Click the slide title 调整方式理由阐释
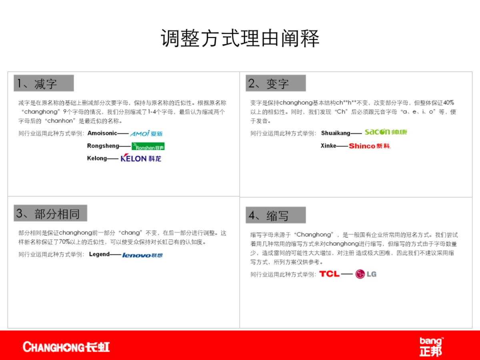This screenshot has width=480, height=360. [240, 39]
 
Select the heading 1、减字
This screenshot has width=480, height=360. [44, 83]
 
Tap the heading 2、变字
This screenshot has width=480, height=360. [276, 83]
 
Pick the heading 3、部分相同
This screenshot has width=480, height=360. [50, 214]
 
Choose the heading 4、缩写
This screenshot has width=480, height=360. [276, 215]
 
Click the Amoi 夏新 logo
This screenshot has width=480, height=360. [146, 133]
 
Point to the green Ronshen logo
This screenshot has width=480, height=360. [148, 146]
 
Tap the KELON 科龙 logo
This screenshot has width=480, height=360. [141, 158]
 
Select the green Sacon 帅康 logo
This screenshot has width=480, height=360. [385, 132]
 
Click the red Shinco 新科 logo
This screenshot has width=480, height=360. [369, 146]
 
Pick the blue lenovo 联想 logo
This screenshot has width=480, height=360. [142, 255]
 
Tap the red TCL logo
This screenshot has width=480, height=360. [329, 274]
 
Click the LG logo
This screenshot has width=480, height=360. [366, 274]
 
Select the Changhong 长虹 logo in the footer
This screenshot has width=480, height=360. [66, 346]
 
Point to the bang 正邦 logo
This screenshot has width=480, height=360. [431, 346]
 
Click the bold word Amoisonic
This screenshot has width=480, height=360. [102, 133]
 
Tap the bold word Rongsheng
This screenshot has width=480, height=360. [103, 146]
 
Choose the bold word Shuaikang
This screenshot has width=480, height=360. [336, 133]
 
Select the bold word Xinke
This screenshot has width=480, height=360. [328, 146]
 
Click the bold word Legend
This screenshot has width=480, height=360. [99, 254]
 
